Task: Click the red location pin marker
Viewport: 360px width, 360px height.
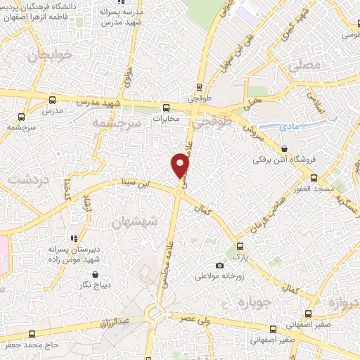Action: coord(181,165)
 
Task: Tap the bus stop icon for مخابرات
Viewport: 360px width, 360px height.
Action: coord(167,108)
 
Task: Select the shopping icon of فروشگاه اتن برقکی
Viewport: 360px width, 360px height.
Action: coord(284,149)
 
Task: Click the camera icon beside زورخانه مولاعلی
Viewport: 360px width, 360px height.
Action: coord(220,265)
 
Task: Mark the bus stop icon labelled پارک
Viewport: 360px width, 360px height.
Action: coord(240,246)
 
